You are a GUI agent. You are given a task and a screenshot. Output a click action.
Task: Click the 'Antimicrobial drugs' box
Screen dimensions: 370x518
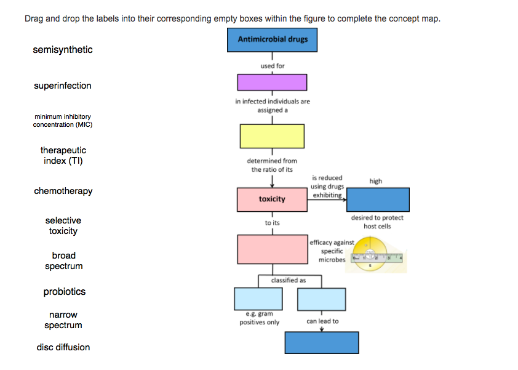click(x=273, y=40)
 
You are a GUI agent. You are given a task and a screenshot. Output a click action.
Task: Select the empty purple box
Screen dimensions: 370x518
click(x=272, y=82)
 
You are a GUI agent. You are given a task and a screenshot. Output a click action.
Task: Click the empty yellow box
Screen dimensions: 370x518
click(x=272, y=135)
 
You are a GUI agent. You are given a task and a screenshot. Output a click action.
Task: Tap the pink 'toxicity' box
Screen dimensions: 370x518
click(x=272, y=199)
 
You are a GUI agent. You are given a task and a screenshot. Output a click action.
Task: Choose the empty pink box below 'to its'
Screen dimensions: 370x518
click(x=272, y=249)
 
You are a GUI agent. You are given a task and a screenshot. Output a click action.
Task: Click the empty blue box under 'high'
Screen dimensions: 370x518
click(x=378, y=199)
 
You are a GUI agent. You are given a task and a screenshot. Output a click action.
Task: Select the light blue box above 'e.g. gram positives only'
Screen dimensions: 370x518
click(x=258, y=299)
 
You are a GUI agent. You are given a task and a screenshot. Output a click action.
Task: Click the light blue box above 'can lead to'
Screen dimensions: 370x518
click(x=322, y=299)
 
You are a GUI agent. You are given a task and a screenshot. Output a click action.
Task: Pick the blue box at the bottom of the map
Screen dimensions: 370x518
click(x=321, y=342)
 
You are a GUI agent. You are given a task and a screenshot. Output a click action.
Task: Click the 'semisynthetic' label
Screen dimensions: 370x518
click(x=63, y=50)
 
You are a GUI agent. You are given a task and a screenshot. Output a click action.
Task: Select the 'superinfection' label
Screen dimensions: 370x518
click(x=63, y=86)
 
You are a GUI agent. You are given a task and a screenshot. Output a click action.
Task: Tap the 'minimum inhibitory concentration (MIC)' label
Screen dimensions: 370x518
click(x=63, y=120)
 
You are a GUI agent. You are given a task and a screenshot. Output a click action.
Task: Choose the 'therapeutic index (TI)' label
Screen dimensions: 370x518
click(x=63, y=156)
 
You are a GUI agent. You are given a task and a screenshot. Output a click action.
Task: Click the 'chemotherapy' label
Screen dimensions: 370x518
click(x=63, y=191)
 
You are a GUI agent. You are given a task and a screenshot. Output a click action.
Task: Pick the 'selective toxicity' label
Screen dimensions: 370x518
click(x=63, y=225)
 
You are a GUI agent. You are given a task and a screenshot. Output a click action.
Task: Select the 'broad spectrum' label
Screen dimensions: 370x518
click(x=63, y=260)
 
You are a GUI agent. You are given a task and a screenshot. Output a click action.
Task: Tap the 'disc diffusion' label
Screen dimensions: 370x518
click(x=63, y=347)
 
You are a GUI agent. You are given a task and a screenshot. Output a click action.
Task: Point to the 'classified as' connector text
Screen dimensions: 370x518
click(x=288, y=280)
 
